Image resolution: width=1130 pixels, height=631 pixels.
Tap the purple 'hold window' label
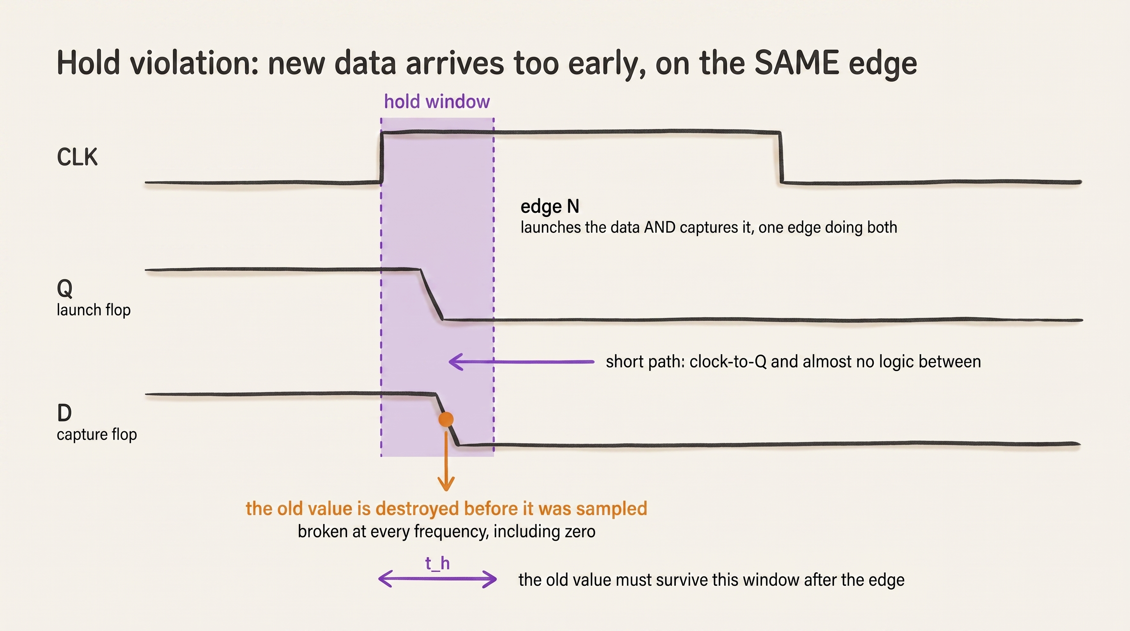(437, 102)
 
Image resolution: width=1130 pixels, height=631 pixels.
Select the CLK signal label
(77, 157)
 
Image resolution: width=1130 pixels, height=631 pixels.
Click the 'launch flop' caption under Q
(94, 310)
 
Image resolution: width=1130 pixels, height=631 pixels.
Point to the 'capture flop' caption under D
(96, 434)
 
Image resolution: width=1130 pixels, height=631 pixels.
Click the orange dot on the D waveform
(446, 419)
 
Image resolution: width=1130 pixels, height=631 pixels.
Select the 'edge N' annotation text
(550, 207)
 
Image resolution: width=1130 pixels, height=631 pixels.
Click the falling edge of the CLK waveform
(781, 157)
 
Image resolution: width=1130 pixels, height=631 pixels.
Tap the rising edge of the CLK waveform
(381, 157)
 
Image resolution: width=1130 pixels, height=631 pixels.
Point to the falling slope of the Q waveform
(432, 295)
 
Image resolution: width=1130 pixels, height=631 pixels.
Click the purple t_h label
(437, 563)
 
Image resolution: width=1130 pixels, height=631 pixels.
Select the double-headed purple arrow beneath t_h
(437, 579)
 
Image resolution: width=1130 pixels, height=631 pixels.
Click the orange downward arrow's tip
(446, 491)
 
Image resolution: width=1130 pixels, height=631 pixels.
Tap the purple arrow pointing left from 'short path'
(521, 362)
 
